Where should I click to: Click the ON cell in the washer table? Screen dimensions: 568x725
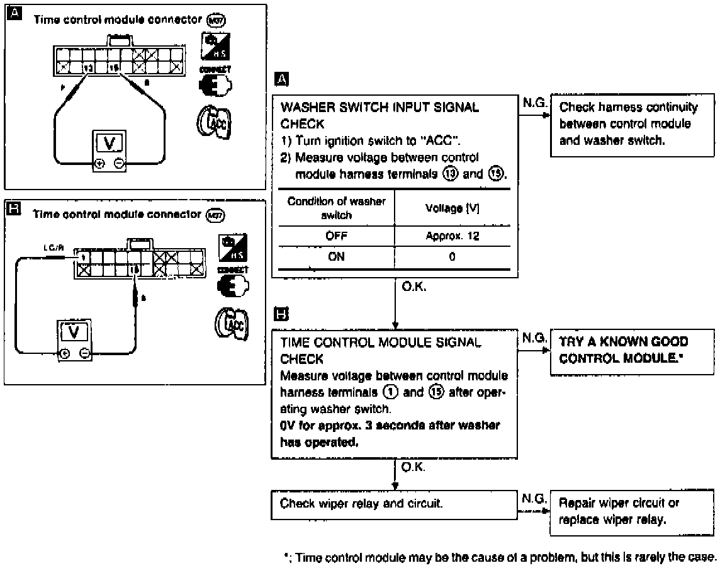coord(336,256)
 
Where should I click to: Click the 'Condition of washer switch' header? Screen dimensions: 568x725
coord(336,208)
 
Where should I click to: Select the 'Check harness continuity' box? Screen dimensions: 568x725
coord(631,123)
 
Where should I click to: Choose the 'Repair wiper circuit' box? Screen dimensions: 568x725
coord(631,513)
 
